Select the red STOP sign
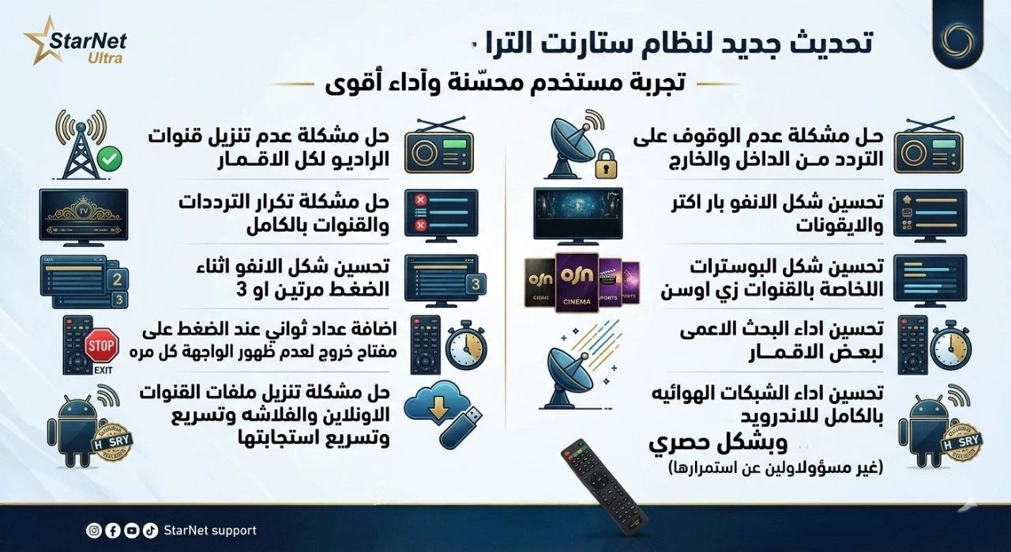pyautogui.click(x=100, y=346)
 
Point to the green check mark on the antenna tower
pyautogui.click(x=111, y=161)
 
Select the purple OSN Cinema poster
pyautogui.click(x=576, y=280)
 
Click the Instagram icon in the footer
pyautogui.click(x=93, y=531)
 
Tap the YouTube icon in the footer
pyautogui.click(x=131, y=531)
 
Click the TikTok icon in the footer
pyautogui.click(x=150, y=531)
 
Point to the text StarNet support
pyautogui.click(x=210, y=531)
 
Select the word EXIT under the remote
pyautogui.click(x=100, y=369)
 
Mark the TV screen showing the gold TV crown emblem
pyautogui.click(x=84, y=213)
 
